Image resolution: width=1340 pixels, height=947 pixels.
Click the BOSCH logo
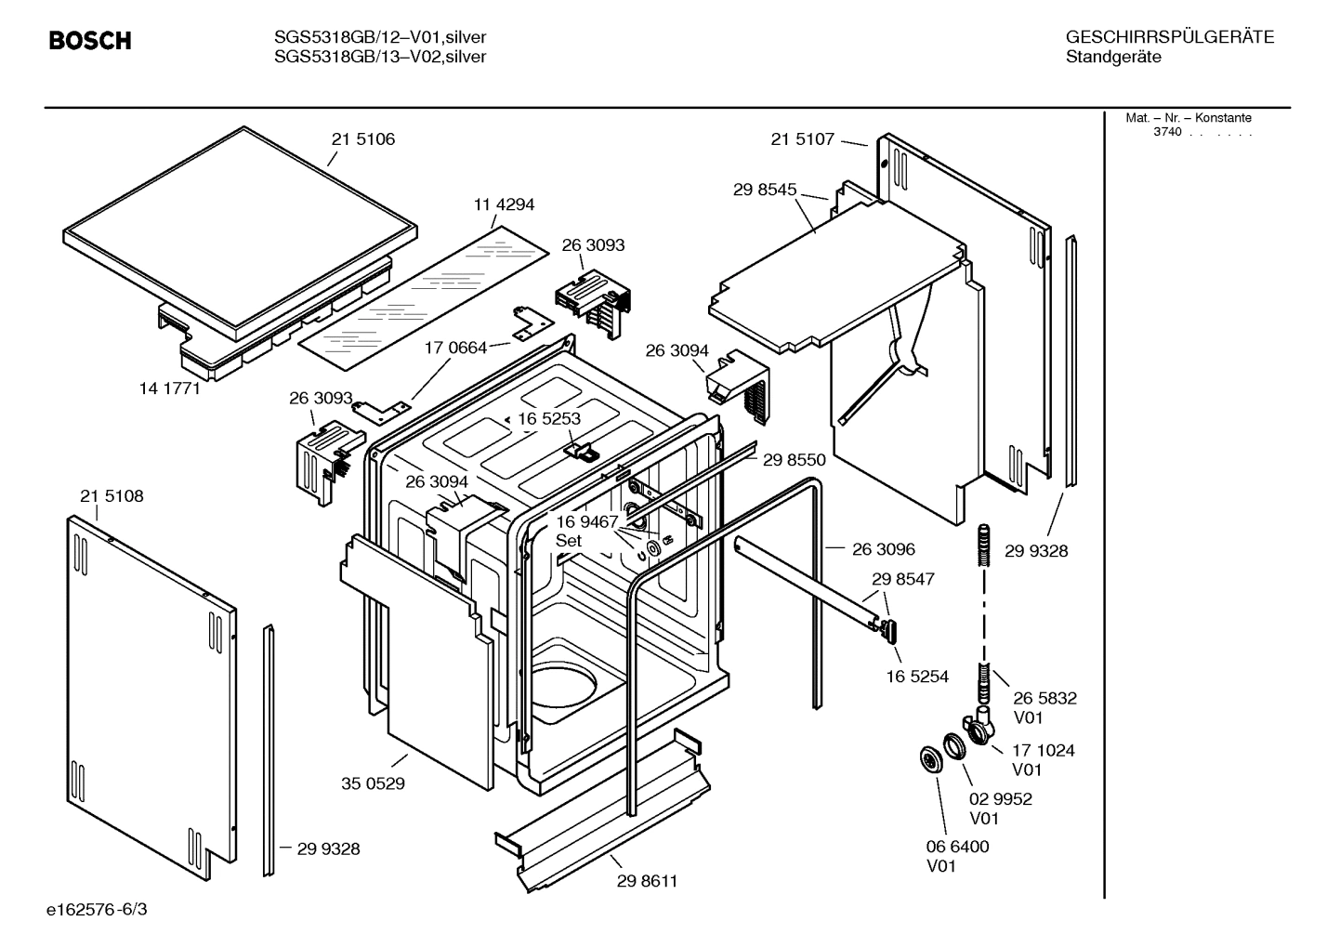[x=89, y=41]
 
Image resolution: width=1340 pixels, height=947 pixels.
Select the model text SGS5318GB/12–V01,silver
[x=380, y=37]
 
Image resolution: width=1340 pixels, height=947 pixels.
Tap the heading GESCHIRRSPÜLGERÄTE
[x=1169, y=37]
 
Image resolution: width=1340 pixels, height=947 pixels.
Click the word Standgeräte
[x=1112, y=58]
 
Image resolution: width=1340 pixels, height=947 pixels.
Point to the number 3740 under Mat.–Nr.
[x=1167, y=132]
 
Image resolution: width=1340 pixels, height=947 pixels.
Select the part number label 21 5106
[x=362, y=139]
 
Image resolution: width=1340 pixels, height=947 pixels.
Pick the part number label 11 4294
[x=504, y=204]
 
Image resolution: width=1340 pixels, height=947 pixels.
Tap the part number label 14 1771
[x=169, y=388]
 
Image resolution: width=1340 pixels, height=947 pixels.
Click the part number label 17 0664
[x=455, y=348]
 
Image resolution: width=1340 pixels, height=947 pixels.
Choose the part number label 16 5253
[x=548, y=419]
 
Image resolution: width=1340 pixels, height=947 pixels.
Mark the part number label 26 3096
[x=883, y=549]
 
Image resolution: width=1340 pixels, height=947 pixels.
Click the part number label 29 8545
[x=765, y=190]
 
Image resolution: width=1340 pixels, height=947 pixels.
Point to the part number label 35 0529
[x=373, y=783]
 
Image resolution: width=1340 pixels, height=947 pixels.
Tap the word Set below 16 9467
[x=568, y=541]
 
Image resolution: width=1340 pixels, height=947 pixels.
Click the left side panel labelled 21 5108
[x=149, y=688]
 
